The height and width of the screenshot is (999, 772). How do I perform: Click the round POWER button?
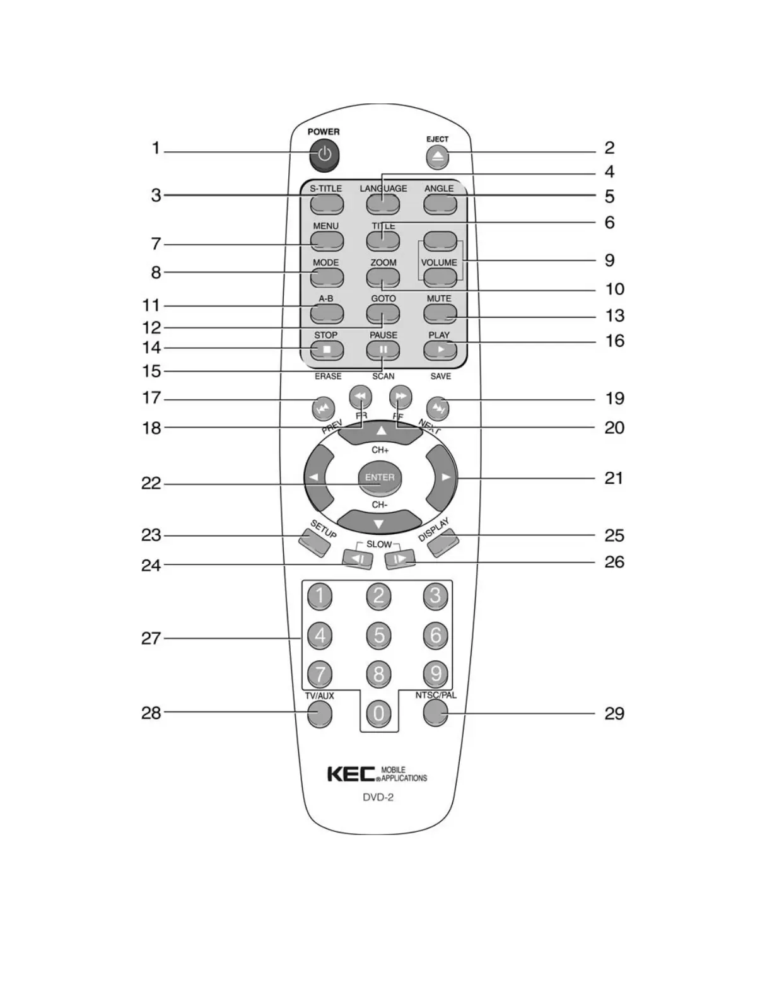pos(324,155)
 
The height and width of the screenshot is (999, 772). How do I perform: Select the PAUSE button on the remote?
pos(383,349)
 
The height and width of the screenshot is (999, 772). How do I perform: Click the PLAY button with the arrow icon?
pos(440,349)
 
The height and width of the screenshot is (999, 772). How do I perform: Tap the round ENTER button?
pos(380,477)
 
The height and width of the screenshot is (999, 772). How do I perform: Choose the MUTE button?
pos(440,313)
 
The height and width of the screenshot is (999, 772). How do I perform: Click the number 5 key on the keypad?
pos(378,634)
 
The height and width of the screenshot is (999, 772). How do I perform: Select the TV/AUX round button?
pos(320,713)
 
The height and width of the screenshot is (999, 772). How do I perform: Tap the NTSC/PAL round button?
pos(436,713)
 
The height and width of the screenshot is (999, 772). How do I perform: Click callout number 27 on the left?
pos(151,638)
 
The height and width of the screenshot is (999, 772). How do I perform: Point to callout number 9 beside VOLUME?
pos(609,260)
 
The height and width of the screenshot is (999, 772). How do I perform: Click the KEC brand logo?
pos(351,774)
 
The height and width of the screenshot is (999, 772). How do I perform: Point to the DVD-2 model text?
pos(378,797)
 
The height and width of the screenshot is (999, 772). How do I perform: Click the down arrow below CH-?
pos(379,523)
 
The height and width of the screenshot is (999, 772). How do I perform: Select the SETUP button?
pos(314,542)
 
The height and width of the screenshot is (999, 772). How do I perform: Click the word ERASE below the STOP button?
pos(328,376)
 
